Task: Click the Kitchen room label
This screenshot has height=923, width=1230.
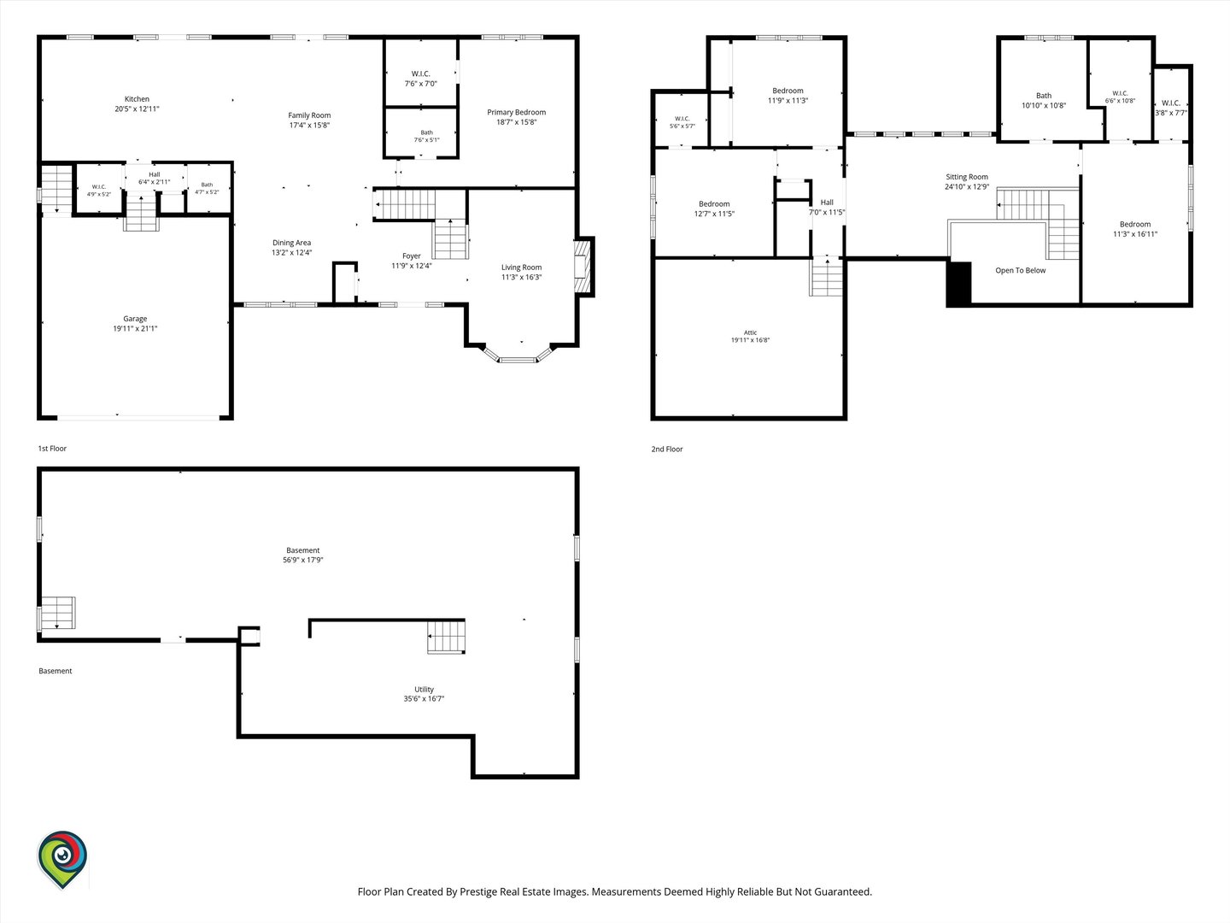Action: pos(137,99)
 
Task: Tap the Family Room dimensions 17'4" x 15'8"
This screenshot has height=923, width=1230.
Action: pos(309,126)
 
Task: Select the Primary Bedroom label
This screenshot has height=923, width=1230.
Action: pos(516,112)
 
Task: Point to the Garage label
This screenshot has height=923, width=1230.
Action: pos(135,319)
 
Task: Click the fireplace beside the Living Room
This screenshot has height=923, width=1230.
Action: pos(583,266)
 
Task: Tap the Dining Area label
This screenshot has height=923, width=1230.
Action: pos(291,243)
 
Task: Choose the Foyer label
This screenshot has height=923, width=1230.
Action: pos(412,256)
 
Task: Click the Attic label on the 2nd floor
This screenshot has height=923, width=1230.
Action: pos(750,332)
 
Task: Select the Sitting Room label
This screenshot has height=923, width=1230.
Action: pos(967,177)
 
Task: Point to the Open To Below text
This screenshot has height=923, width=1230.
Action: pos(1021,271)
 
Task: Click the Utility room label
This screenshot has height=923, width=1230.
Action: pos(425,690)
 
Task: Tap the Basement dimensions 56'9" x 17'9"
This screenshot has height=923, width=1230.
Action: pos(303,560)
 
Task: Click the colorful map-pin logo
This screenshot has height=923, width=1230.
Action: pos(62,860)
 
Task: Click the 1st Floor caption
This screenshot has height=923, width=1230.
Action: pos(52,449)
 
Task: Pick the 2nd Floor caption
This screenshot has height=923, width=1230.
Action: pos(667,449)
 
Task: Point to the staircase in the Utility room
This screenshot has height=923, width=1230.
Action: pos(446,636)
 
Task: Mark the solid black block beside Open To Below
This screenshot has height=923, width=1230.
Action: pos(958,284)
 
